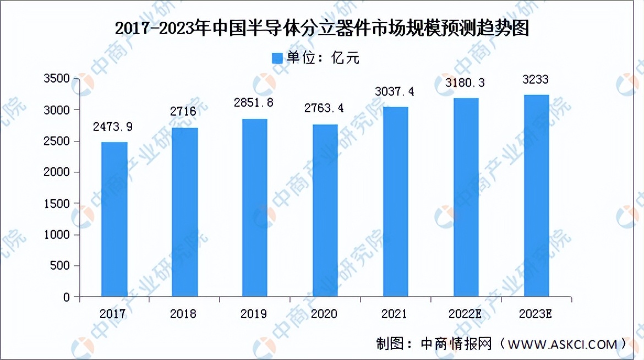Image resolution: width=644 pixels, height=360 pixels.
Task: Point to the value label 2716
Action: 184,112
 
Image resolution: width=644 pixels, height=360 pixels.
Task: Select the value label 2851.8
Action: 255,103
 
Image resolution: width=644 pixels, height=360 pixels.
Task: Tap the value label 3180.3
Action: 466,83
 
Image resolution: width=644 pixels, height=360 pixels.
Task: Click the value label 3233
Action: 536,80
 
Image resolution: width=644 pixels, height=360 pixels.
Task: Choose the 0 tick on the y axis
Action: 66,297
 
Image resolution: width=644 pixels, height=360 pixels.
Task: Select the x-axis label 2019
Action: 254,314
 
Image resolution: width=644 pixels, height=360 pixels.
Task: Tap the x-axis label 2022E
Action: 466,314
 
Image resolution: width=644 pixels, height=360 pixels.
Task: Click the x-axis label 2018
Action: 184,314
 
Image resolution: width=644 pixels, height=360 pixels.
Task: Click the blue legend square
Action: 277,58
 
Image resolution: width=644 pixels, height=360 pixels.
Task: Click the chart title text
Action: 322,28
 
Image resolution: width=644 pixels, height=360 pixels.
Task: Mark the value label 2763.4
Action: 325,108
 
